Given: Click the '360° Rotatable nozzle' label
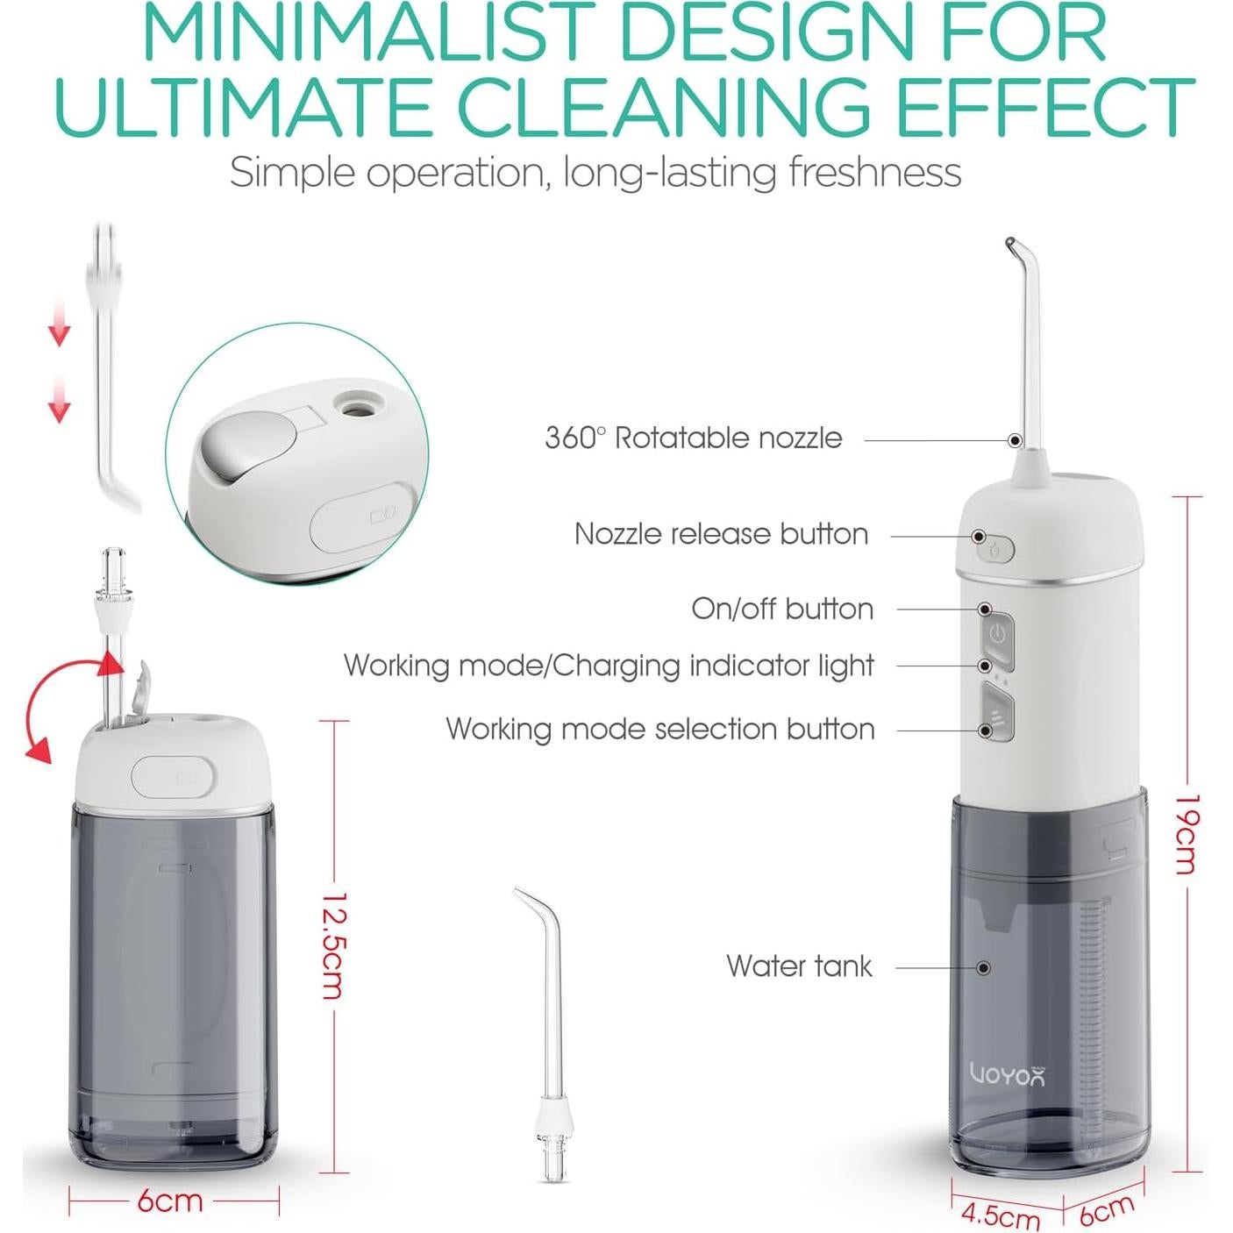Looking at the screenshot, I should pos(693,438).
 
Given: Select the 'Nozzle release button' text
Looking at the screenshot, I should pos(721,534).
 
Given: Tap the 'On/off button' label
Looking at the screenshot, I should pos(782,609).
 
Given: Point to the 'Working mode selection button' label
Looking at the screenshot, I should pos(659,729).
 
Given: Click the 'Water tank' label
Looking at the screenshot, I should pos(799,966).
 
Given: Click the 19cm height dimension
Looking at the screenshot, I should pos(1186,833).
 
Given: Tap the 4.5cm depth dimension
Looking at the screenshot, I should pos(1000,1215).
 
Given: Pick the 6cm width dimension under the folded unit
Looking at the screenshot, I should pos(170,1201).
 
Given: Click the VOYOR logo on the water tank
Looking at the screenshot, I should pos(1008,1075).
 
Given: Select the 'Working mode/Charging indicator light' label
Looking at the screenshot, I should pos(609,666).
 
